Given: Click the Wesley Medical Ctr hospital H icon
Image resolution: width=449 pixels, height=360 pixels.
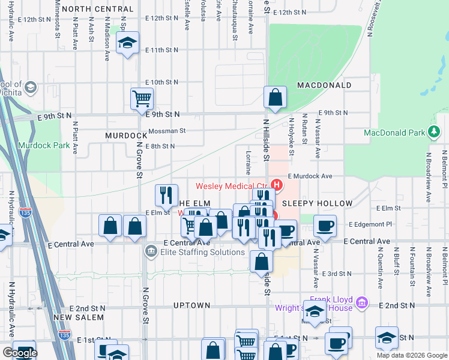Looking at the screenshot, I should coord(277,184).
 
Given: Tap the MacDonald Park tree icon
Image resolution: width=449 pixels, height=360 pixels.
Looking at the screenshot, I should coord(433,132).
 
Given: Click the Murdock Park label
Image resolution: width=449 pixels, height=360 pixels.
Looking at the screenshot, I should coord(43,145).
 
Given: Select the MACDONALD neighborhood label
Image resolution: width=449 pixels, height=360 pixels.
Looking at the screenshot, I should coord(324,85).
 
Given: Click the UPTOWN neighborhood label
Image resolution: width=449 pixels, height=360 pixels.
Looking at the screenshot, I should coord(191,305).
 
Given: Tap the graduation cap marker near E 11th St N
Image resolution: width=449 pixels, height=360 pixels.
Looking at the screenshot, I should coord(127,43).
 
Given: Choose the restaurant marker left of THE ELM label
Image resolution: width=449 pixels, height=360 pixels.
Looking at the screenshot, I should coord(166,194).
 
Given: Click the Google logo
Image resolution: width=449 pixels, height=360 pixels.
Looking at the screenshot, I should coord(20,353).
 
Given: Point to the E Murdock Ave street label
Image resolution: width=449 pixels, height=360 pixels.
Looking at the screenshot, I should coord(310,176).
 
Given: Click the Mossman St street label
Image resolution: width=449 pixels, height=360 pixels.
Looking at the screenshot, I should coord(167,130).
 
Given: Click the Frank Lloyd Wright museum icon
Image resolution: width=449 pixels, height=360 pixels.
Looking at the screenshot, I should coord(361,302).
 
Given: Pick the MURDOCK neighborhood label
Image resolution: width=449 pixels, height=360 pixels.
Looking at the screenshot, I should coord(126,136).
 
